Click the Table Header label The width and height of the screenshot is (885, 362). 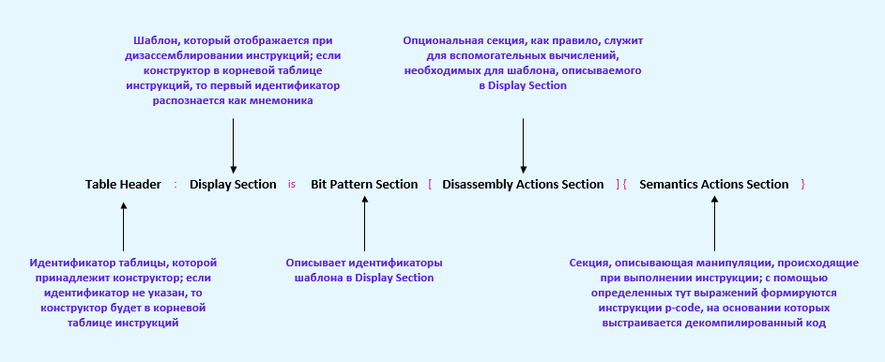pos(123,185)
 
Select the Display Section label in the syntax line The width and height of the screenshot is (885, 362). pos(233,185)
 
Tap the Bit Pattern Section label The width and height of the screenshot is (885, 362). pos(364,185)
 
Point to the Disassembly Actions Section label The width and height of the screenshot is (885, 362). pos(523,185)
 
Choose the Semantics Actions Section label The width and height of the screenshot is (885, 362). pos(714,185)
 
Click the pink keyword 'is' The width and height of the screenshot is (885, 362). pos(292,185)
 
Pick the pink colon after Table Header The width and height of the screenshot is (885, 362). pos(175,185)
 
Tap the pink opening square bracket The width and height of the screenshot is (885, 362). pos(430,185)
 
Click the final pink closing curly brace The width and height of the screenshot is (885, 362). pos(803,185)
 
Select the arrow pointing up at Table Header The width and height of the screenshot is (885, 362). pos(124,227)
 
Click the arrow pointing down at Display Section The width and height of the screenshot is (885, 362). pos(233,146)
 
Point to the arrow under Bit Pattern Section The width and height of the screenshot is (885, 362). pos(365,223)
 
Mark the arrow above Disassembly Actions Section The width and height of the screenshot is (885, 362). pos(524,146)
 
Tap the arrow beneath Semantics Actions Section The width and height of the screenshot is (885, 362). pos(714,223)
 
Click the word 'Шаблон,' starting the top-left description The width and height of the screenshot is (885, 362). pos(154,40)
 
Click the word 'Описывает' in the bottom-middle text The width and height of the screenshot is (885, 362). pos(314,263)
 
